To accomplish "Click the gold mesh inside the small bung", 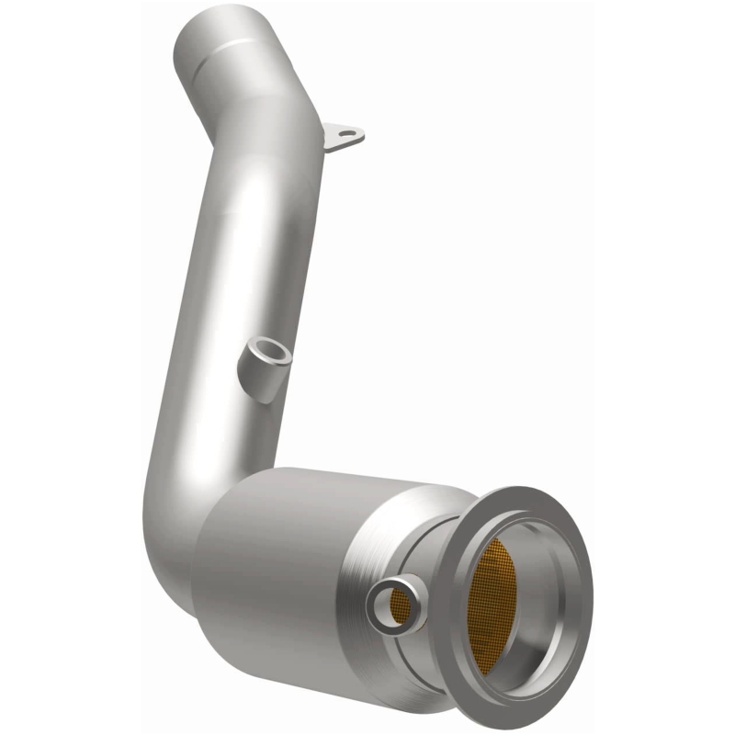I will click(x=398, y=603).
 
